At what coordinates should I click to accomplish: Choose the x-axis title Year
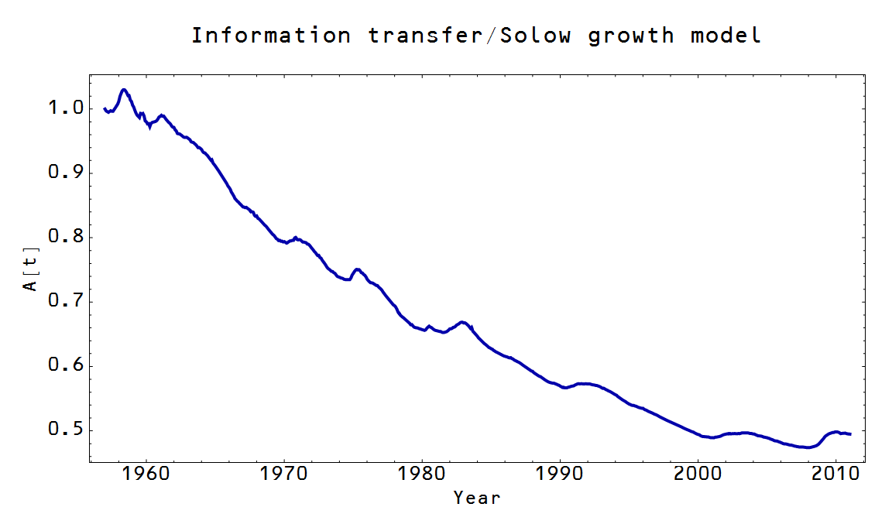477,498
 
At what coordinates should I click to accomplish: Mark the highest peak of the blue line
123,90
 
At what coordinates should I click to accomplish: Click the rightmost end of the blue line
851,434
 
